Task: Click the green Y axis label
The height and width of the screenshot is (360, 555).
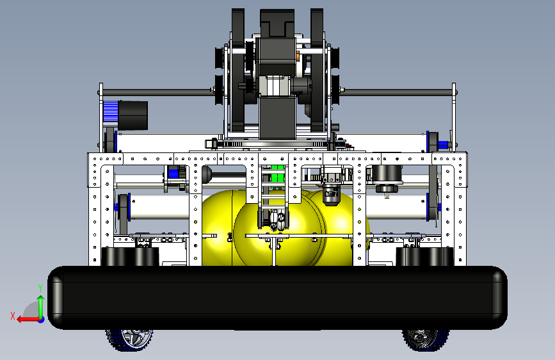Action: click(40, 288)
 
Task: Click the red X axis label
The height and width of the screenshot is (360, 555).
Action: click(13, 316)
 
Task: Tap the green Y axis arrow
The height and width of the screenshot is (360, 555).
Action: click(41, 307)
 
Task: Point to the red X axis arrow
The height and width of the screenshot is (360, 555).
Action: click(29, 320)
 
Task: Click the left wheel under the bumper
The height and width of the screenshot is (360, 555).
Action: click(129, 340)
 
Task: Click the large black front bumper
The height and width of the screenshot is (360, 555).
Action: click(278, 298)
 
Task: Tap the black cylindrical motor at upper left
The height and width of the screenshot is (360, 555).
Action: click(133, 115)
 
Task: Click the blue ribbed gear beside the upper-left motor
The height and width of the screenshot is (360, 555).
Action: click(111, 111)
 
